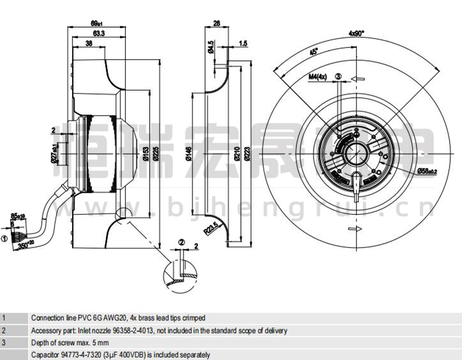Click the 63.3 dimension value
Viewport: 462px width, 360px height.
pyautogui.click(x=98, y=33)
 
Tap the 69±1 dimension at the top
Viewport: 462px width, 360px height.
pyautogui.click(x=98, y=23)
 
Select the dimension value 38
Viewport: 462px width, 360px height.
pyautogui.click(x=89, y=44)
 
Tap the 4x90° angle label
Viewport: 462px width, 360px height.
pyautogui.click(x=357, y=33)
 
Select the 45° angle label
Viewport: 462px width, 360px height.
pyautogui.click(x=314, y=52)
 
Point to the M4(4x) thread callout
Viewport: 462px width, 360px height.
pyautogui.click(x=317, y=76)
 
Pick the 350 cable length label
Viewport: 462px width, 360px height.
pyautogui.click(x=24, y=246)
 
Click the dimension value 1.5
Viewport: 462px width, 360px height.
pyautogui.click(x=243, y=44)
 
